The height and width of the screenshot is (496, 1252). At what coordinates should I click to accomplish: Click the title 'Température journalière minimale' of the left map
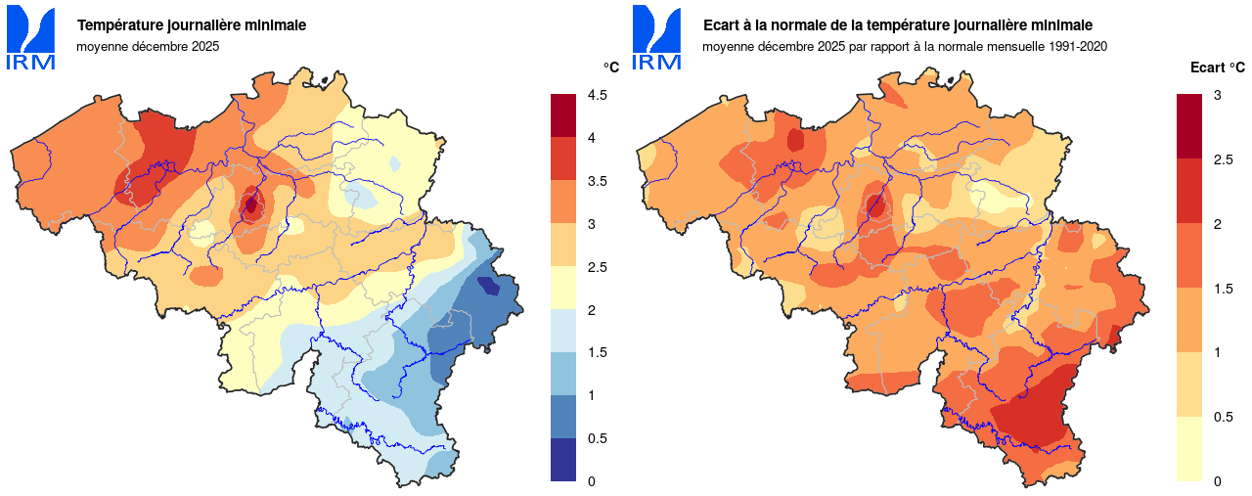pos(192,24)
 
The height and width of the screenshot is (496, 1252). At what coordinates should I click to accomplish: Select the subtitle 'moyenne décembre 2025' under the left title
pos(148,46)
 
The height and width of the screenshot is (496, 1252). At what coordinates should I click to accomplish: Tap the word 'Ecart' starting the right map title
pos(723,24)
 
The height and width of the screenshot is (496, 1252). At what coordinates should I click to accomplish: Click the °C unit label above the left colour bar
pos(610,68)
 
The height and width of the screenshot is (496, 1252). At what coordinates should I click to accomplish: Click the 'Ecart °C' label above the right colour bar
pos(1217,68)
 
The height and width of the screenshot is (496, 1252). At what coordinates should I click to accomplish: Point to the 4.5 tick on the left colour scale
pos(597,95)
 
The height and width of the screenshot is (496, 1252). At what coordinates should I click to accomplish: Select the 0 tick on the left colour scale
pos(591,481)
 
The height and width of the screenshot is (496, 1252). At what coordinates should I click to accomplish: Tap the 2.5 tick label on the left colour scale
pos(597,267)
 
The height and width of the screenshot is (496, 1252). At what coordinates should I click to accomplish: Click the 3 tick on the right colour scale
pos(1217,95)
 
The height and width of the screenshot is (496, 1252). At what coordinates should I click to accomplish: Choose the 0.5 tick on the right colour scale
pos(1223,417)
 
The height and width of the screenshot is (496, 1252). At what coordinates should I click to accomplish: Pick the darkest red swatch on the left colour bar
pos(563,115)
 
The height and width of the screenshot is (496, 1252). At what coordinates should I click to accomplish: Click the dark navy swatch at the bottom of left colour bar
pos(563,460)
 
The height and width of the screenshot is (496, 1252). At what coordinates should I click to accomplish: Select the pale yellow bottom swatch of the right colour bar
pos(1189,449)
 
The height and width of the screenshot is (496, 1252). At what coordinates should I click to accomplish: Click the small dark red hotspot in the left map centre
pos(250,204)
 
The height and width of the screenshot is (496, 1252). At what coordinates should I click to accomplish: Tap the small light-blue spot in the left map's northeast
pos(394,163)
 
